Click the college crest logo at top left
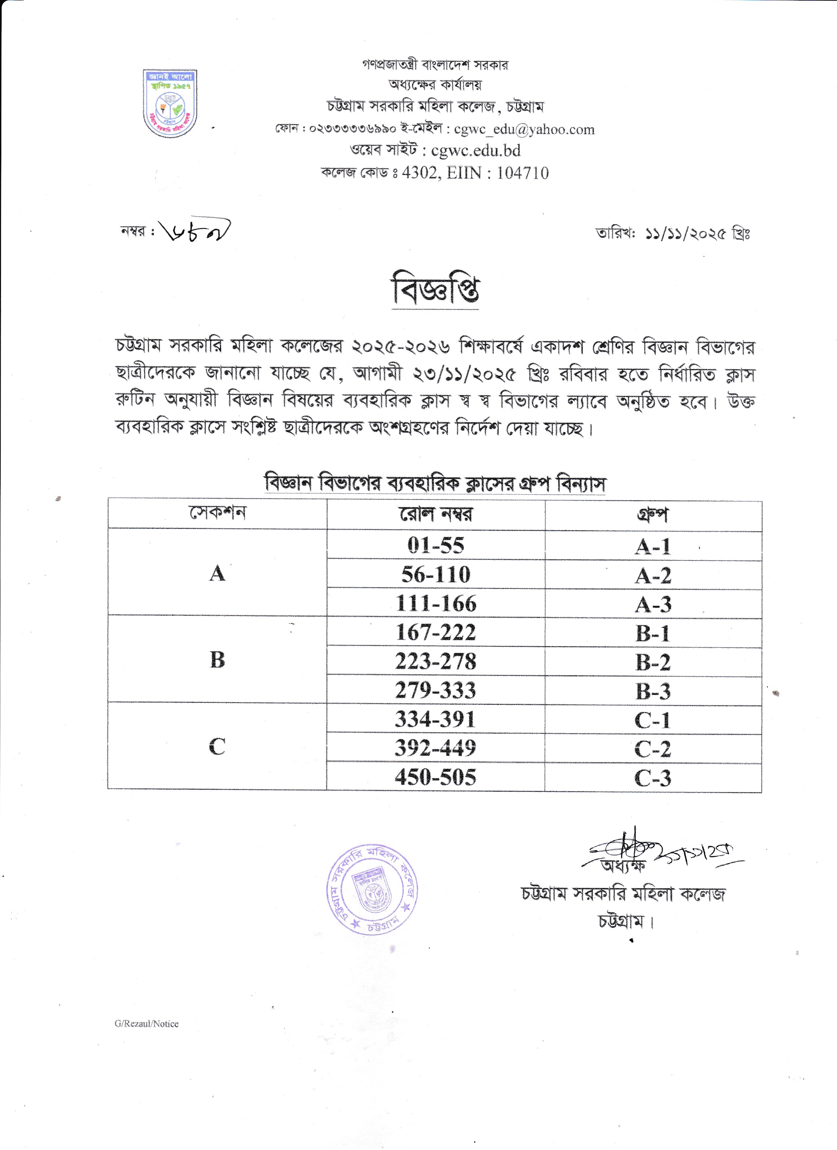(170, 104)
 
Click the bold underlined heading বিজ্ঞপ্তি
(435, 291)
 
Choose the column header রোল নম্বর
(435, 515)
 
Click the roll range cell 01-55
(435, 545)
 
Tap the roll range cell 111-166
(435, 604)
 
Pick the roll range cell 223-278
(435, 661)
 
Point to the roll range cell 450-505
(435, 777)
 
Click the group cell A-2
(653, 575)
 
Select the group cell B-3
(653, 691)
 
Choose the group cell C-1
(653, 720)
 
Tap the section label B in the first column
(217, 660)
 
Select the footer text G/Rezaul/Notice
(147, 1024)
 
